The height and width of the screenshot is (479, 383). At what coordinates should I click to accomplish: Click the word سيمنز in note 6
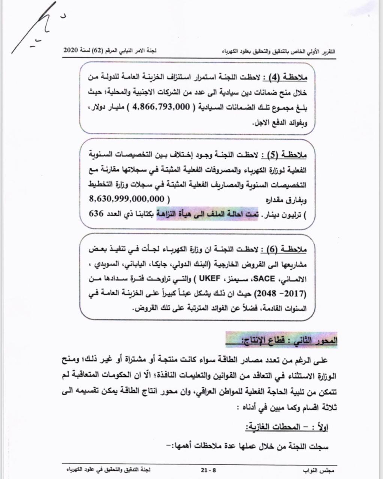(x=236, y=278)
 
